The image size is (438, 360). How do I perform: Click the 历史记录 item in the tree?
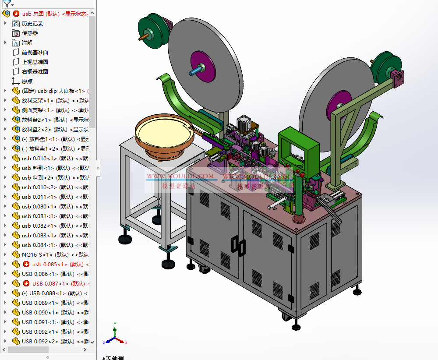coord(32,23)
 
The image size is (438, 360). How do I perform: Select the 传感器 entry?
coord(30,33)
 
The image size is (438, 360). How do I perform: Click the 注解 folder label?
coord(27,42)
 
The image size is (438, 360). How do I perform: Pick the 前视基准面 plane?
coord(35,52)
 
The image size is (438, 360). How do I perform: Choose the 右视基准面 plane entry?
coord(35,71)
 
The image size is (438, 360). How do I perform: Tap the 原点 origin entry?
coord(27,81)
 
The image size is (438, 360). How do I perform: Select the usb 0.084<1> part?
coord(39,245)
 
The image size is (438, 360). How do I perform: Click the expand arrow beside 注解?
coord(5,42)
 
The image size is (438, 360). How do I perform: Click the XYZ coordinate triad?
coord(114,336)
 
